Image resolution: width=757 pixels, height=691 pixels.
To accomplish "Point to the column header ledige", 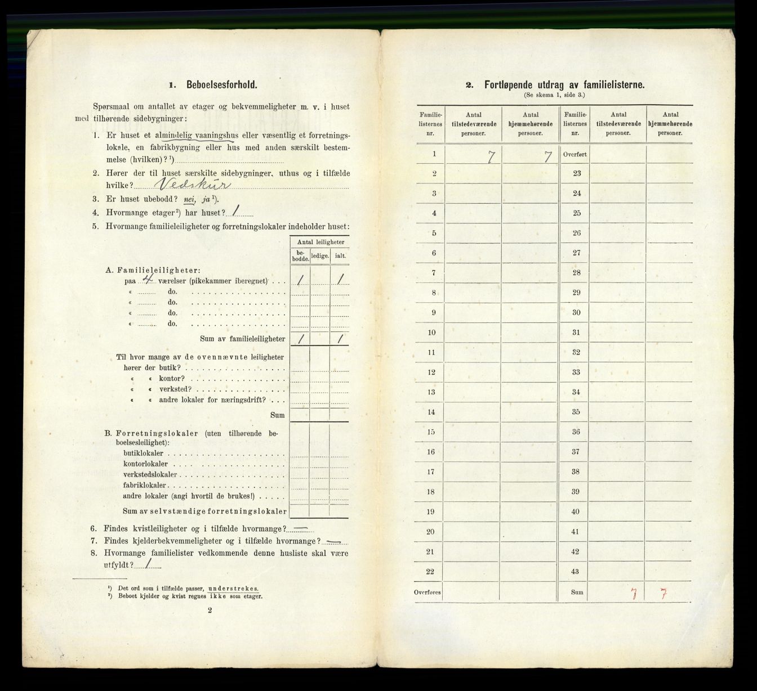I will tap(319, 255).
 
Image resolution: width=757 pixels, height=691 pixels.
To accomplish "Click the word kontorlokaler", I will tap(145, 464).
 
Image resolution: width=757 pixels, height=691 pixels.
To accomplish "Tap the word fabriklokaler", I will tap(145, 485).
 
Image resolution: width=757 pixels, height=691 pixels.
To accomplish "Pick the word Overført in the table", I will tap(575, 154).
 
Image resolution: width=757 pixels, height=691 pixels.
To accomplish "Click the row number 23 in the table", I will tap(576, 173).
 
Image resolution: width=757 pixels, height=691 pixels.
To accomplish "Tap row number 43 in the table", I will tap(576, 571).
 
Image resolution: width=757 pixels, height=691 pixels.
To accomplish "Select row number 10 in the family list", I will tap(431, 332).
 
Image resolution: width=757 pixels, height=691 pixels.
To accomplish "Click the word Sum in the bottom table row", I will tap(576, 592).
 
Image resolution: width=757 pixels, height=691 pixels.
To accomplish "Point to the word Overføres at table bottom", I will tap(430, 592).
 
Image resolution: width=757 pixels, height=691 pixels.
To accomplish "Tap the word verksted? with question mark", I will tap(173, 389).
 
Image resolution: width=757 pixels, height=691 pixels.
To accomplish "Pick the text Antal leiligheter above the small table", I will tap(319, 242).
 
